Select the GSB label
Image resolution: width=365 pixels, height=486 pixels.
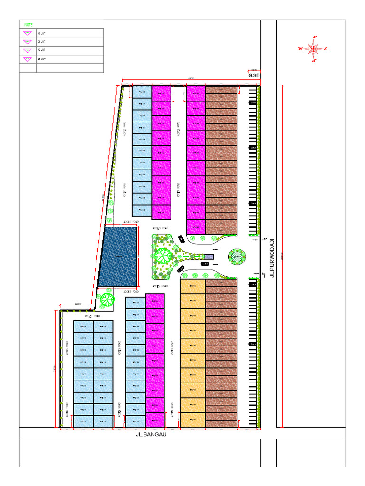point(253,75)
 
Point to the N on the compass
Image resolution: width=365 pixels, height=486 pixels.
point(314,37)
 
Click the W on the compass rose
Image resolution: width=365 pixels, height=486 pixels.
point(300,48)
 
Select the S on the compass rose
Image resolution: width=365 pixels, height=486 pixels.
point(314,60)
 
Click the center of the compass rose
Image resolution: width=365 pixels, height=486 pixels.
point(314,48)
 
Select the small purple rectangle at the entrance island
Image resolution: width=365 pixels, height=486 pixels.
point(210,257)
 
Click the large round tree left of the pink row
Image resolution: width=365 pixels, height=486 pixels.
point(107,299)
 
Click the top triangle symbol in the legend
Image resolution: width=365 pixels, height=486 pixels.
point(28,33)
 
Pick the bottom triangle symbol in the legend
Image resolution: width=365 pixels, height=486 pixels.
point(28,59)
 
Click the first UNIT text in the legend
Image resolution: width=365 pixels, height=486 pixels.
point(41,33)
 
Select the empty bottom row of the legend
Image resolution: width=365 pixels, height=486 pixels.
point(69,68)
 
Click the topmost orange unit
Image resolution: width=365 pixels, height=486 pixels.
point(192,286)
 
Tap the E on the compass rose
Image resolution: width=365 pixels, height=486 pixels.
point(327,49)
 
